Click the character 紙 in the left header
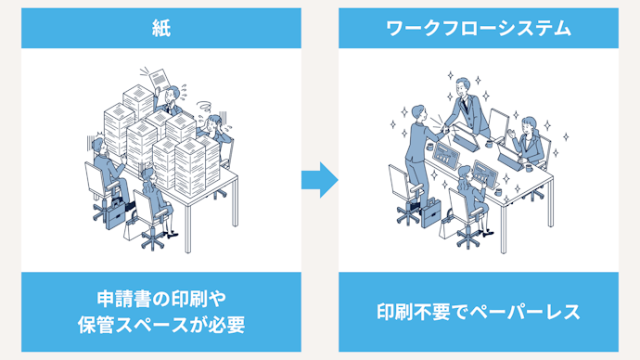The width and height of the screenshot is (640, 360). click(161, 29)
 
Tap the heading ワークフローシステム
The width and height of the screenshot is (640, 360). click(479, 29)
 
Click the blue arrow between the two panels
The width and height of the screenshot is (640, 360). click(320, 180)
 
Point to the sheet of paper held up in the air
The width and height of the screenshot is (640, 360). click(160, 79)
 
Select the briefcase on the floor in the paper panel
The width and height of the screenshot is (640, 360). click(115, 213)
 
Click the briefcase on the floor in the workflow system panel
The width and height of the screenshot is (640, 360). click(431, 212)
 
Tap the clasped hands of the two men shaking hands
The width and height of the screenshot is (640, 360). click(446, 129)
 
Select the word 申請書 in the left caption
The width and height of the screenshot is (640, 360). click(122, 299)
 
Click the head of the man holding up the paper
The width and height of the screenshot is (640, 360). click(173, 94)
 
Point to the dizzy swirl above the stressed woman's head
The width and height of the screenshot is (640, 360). click(204, 107)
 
